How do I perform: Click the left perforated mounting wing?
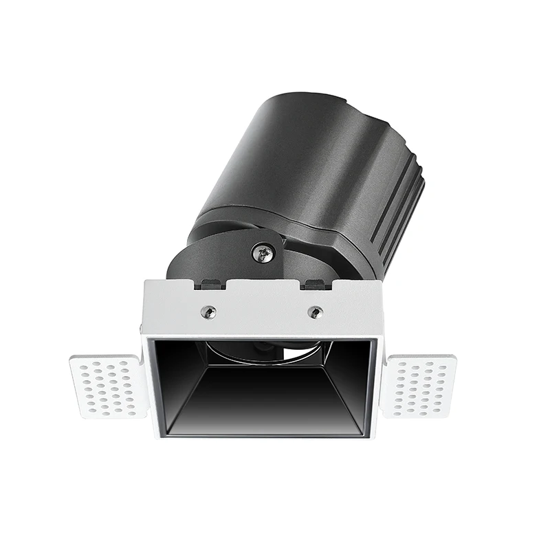coord(109,386)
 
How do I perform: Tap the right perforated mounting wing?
coord(419,385)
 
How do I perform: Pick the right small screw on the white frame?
coord(315,311)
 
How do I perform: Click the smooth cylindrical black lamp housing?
coord(289,158)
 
